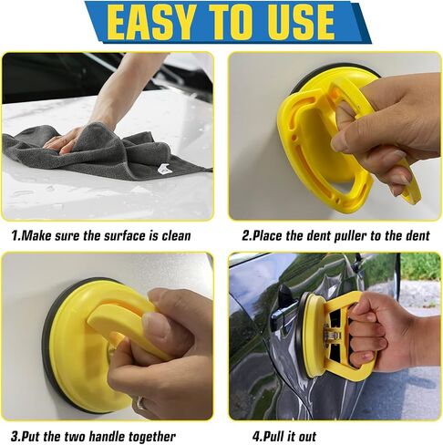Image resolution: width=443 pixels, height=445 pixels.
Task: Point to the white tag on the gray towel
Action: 165,171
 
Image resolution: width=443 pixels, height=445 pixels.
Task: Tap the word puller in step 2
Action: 350,236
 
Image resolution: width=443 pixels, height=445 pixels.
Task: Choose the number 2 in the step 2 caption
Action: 245,235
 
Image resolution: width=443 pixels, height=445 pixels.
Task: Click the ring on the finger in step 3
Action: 141,402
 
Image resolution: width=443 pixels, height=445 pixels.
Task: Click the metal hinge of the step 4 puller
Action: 332,334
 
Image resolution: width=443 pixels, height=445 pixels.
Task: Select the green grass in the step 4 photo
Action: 420,267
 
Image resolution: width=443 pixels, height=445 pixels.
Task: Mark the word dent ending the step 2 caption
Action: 417,235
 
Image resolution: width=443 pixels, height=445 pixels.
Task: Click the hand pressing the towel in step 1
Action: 66,140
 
